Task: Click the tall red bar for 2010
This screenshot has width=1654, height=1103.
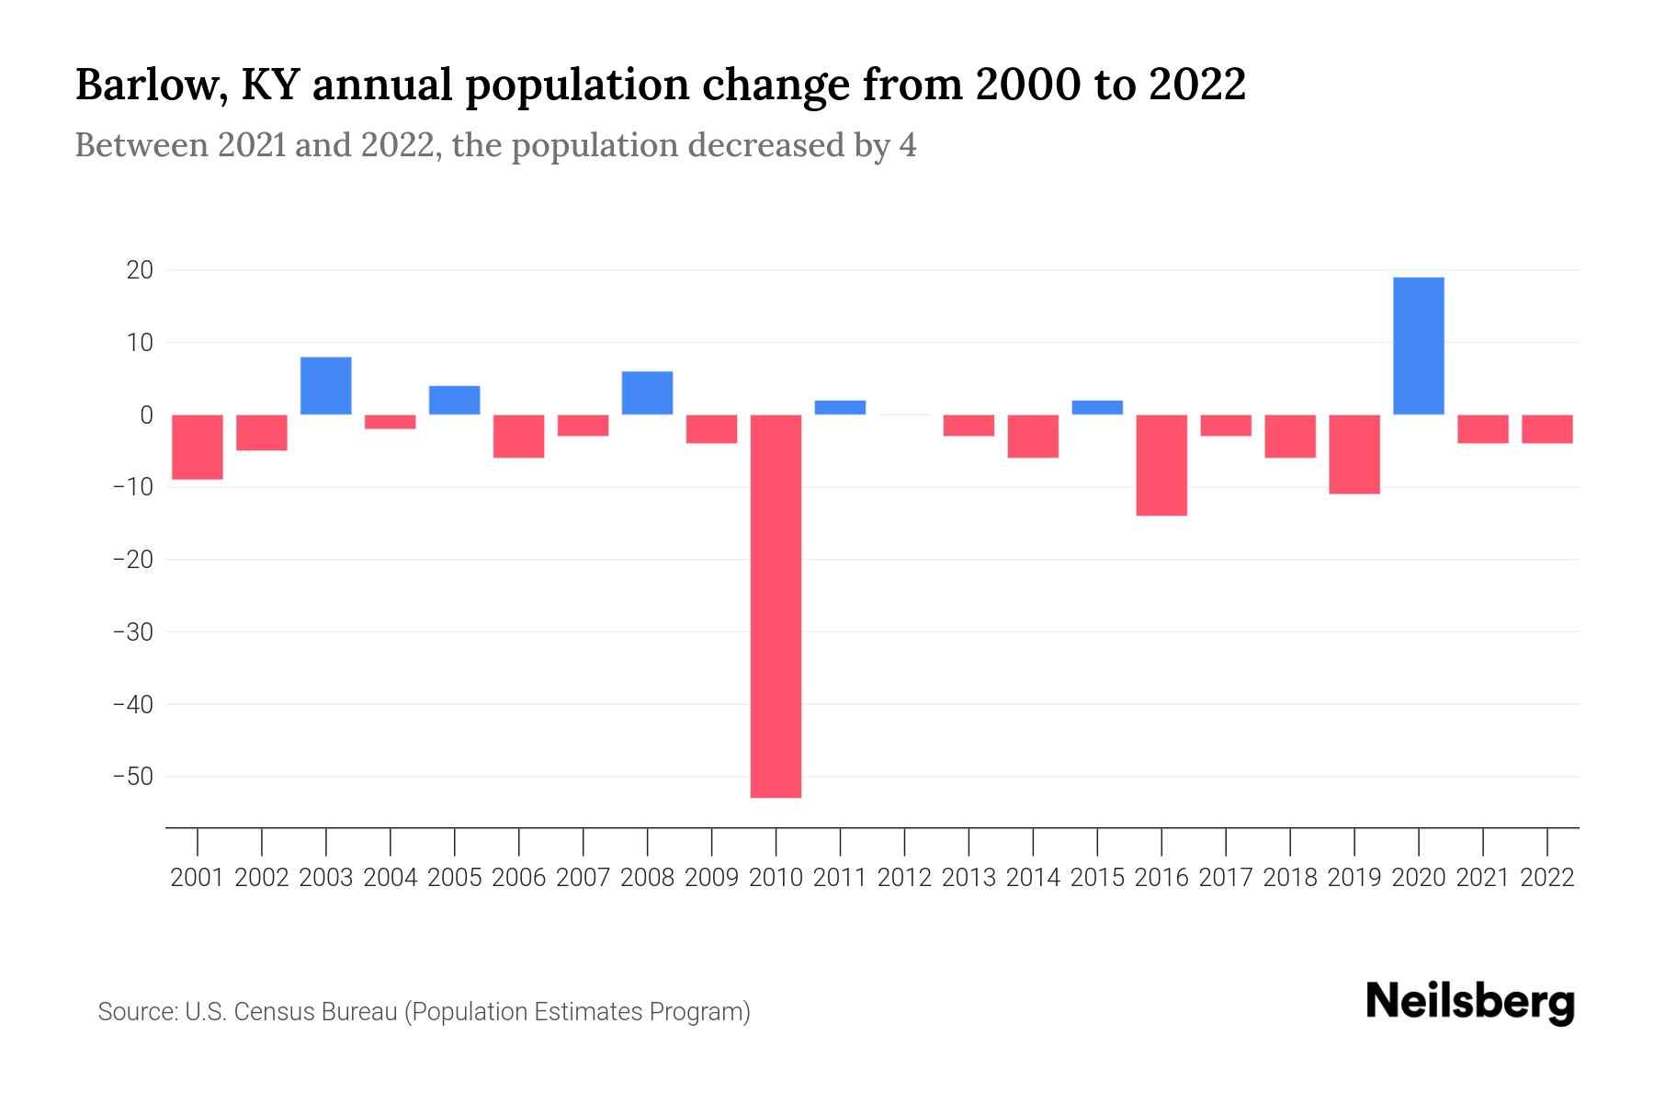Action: tap(776, 606)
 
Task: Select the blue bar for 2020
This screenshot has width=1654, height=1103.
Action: tap(1418, 346)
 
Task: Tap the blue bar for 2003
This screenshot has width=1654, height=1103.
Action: tap(326, 386)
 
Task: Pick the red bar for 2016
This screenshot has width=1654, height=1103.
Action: tap(1161, 464)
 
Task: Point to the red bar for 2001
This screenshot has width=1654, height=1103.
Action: tap(198, 447)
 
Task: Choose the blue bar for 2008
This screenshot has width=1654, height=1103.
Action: tap(647, 393)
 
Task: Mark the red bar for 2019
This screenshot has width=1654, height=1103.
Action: tap(1354, 454)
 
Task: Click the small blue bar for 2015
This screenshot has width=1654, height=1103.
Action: tap(1097, 407)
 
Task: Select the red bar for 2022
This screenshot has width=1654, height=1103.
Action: tap(1546, 429)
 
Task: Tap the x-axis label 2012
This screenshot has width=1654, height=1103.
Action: tap(904, 878)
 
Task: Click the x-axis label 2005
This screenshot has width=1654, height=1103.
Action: tap(455, 878)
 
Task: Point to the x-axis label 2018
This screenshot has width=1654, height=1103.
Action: tap(1289, 878)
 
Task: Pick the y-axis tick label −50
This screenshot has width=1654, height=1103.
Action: tap(132, 777)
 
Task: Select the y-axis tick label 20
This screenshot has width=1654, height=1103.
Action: tap(140, 270)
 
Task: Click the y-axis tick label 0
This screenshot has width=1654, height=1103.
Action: tap(146, 415)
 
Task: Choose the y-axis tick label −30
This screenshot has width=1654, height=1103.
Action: tap(132, 632)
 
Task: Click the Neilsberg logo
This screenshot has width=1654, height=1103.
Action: tap(1470, 1002)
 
